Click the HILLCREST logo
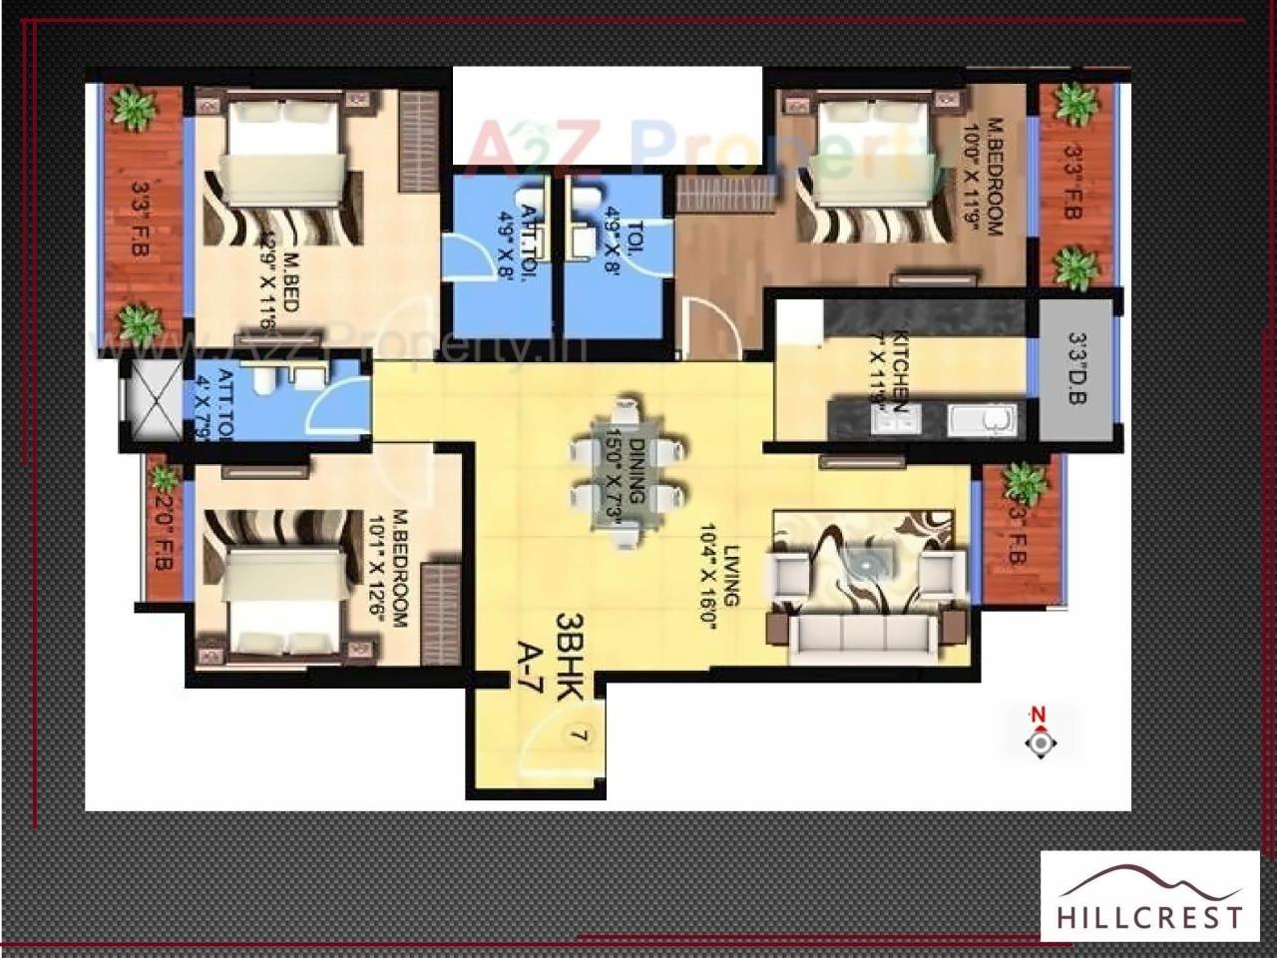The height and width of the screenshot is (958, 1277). (1150, 896)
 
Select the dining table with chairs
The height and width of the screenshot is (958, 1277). (628, 474)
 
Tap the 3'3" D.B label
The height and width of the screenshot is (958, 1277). (1076, 368)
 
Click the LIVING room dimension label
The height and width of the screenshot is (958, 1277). (724, 565)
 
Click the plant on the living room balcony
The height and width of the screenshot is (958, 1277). (1025, 483)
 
